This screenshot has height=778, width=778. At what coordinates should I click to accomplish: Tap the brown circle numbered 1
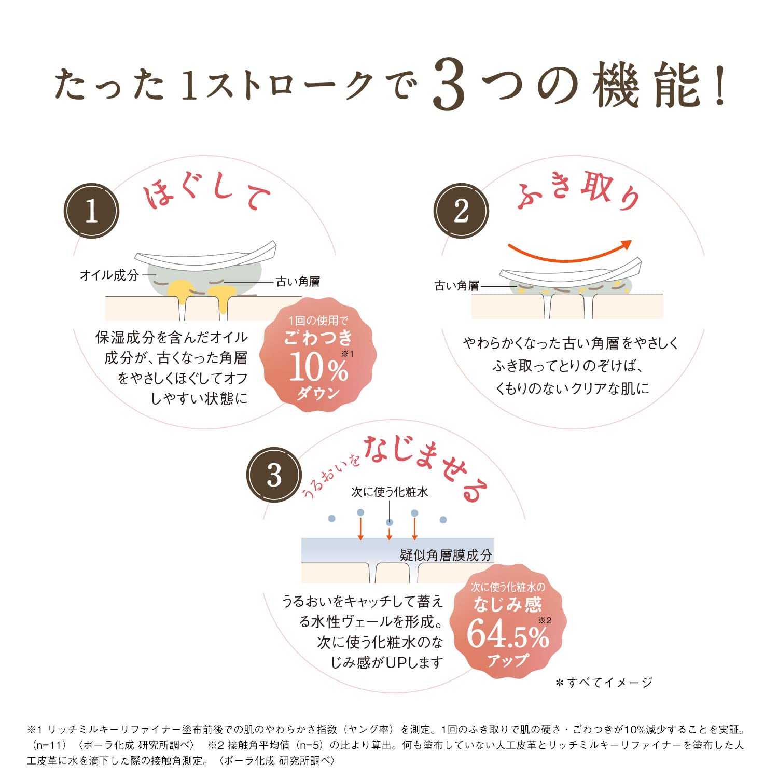tap(91, 211)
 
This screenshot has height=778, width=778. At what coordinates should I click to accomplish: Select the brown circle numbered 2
tap(461, 211)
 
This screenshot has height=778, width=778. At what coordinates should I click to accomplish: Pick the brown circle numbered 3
tap(274, 475)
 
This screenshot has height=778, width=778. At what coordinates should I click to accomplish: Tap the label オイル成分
tap(109, 275)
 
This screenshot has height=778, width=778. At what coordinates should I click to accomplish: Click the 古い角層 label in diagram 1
tap(298, 282)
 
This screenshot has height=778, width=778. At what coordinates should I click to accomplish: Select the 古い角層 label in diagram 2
tap(457, 286)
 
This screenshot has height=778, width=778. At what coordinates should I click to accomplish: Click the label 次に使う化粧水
tap(390, 492)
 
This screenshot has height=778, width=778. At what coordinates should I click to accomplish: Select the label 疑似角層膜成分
tap(446, 555)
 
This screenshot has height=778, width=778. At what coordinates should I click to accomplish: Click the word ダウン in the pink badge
tap(318, 394)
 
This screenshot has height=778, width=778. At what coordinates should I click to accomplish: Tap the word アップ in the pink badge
tap(507, 660)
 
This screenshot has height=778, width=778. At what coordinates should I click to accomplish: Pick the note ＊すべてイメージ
tap(604, 683)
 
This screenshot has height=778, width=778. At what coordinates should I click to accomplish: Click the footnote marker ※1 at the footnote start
tap(34, 730)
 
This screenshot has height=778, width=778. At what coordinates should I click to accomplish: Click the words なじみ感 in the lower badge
tap(507, 605)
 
